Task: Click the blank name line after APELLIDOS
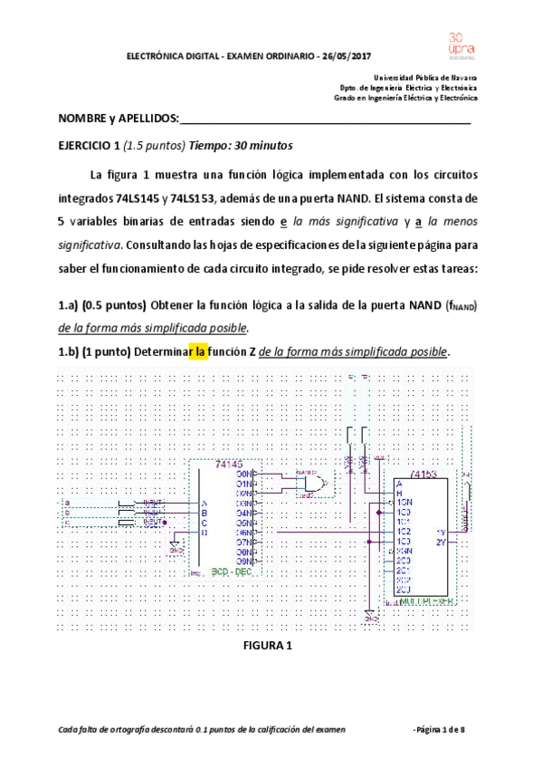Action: coord(326,120)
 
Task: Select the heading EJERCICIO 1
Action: coord(89,146)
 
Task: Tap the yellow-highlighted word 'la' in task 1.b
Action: coord(197,351)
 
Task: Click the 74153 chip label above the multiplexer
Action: coord(424,473)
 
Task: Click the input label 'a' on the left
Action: coord(65,502)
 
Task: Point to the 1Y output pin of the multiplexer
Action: coord(440,532)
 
